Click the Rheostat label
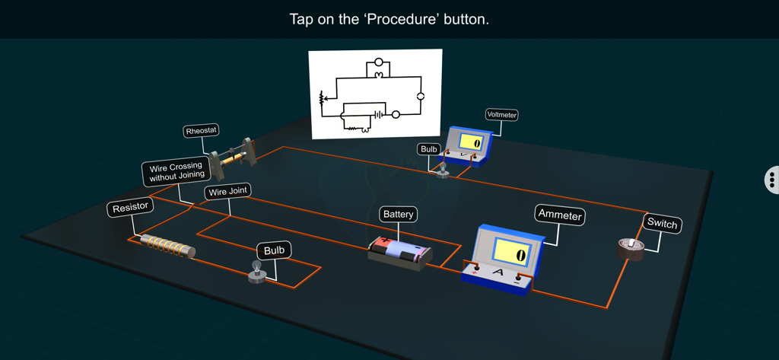click(x=202, y=131)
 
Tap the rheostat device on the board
click(x=233, y=156)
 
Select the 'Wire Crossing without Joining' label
click(x=176, y=172)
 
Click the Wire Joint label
click(x=227, y=192)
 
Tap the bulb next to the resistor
click(x=256, y=271)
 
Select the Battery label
click(x=398, y=215)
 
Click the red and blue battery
click(x=400, y=252)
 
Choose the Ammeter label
click(x=560, y=215)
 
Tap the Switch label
click(x=661, y=224)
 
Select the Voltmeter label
click(x=501, y=115)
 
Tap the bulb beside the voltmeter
click(x=442, y=169)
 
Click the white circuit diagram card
click(x=375, y=94)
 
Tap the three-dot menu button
click(x=771, y=180)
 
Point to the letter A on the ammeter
click(x=498, y=272)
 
